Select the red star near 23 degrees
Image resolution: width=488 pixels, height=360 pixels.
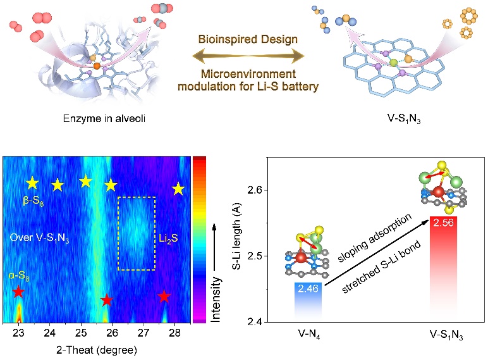click(19, 292)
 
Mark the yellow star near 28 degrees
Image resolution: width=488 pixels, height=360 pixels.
click(178, 188)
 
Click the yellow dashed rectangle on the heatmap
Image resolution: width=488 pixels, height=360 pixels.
click(137, 197)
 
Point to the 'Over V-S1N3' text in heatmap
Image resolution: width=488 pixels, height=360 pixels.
click(40, 238)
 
